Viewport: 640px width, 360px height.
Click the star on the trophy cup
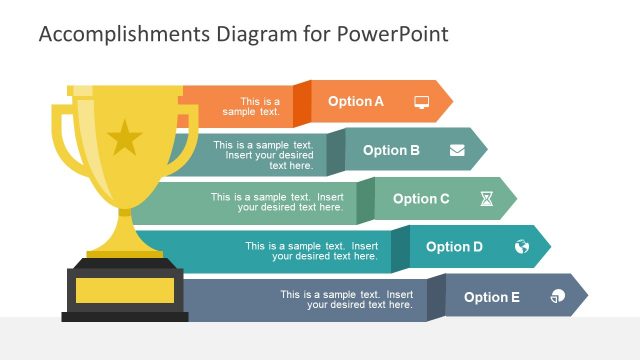point(125,138)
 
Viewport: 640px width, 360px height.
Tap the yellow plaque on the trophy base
point(124,290)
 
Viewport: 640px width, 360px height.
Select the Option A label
point(356,101)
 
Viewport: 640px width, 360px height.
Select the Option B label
point(391,150)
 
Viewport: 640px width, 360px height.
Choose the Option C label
point(421,199)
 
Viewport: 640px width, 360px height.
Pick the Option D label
point(454,247)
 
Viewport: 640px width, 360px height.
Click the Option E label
point(492,297)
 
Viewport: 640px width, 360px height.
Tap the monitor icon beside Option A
point(421,101)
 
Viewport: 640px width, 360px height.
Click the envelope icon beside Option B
point(457,150)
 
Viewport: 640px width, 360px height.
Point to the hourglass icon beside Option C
point(486,199)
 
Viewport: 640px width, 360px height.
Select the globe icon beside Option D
point(522,247)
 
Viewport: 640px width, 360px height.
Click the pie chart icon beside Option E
point(557,297)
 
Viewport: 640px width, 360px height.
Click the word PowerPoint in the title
point(394,35)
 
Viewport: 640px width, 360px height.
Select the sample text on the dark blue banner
point(346,299)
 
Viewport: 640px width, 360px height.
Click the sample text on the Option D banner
point(311,251)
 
